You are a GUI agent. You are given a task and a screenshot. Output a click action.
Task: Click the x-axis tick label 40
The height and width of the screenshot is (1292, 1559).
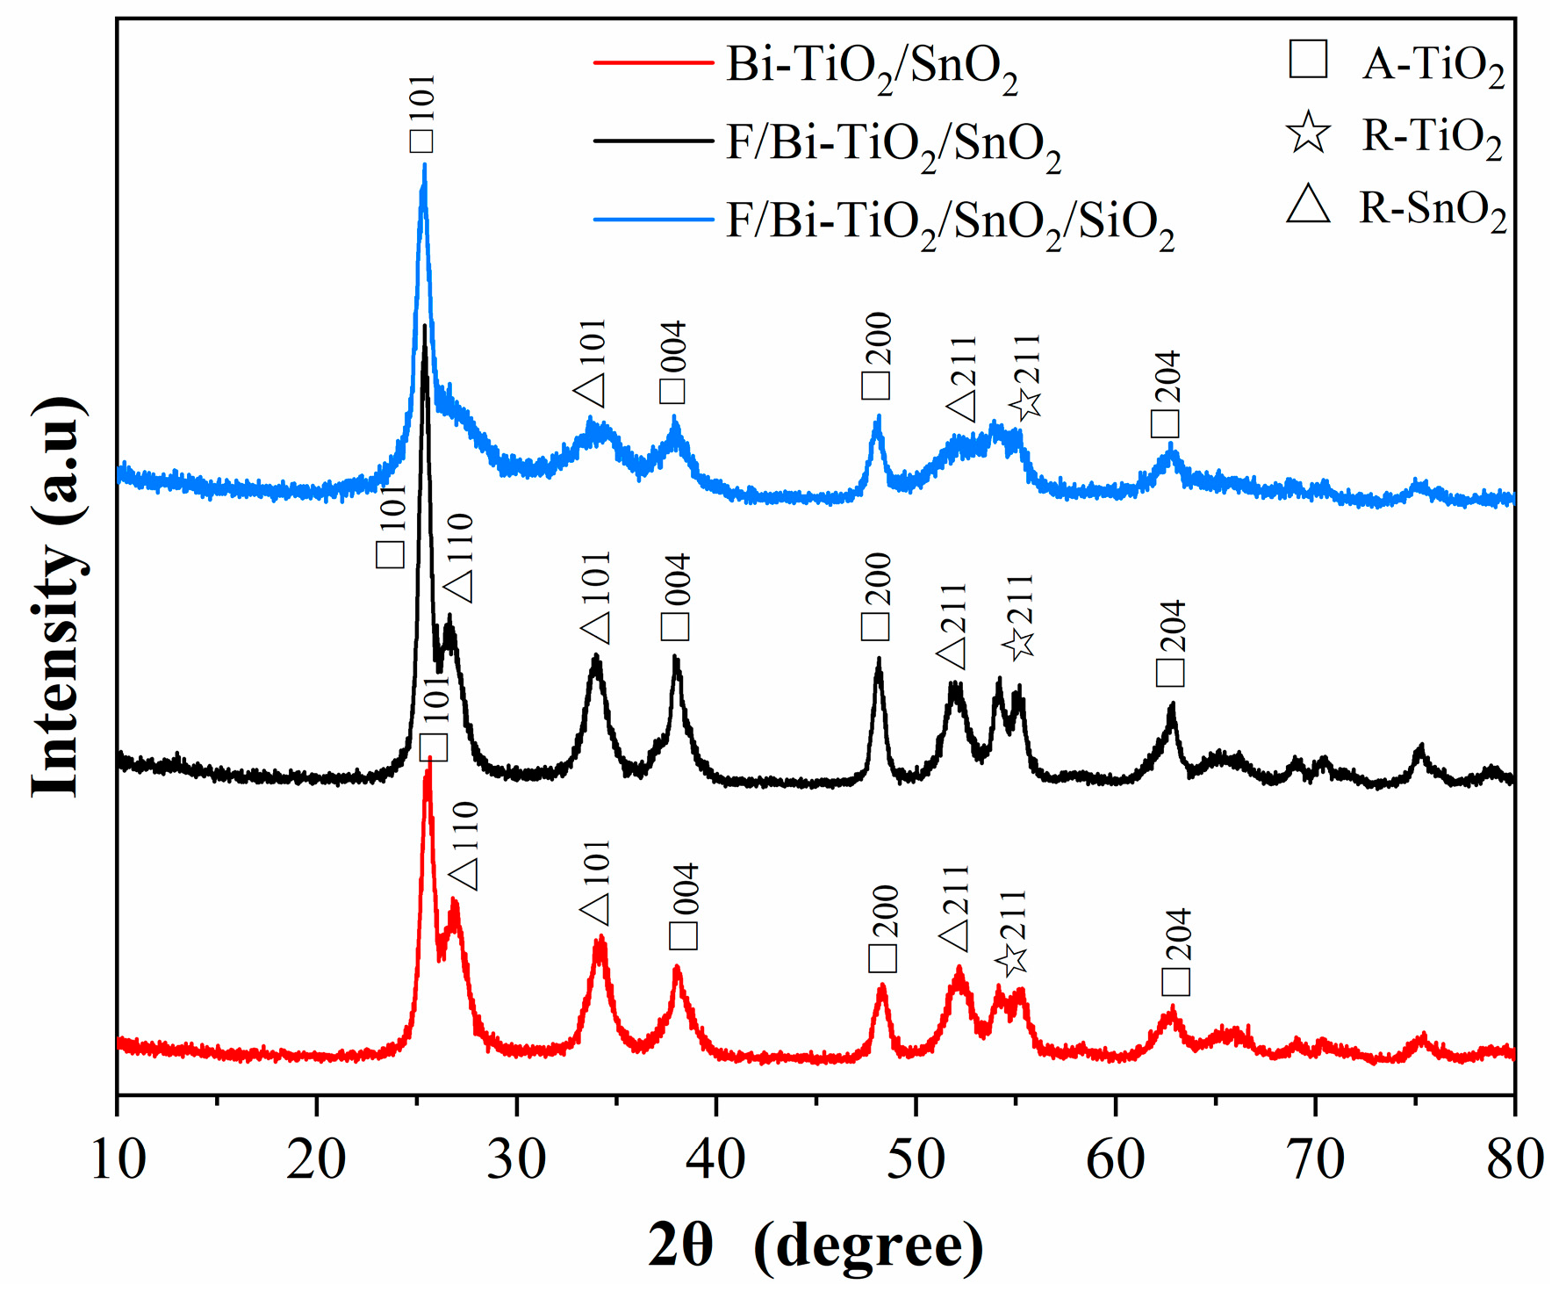coord(716,1159)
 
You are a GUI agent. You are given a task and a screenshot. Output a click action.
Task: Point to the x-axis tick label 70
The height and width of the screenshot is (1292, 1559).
coord(1316,1159)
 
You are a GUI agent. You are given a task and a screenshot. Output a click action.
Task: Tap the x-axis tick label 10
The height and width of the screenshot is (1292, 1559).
coord(118,1159)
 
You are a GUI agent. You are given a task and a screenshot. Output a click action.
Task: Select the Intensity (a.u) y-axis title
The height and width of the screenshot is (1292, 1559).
coord(58,597)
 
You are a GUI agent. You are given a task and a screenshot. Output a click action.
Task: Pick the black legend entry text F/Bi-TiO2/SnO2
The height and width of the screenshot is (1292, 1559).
coord(893,142)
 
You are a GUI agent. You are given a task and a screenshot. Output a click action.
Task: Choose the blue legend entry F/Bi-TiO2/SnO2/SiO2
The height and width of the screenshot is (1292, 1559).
coord(949,220)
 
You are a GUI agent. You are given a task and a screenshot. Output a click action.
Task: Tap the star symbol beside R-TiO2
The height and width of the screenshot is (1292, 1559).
coord(1308,134)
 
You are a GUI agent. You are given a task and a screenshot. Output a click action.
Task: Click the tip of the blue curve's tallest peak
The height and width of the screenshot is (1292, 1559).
coord(424,165)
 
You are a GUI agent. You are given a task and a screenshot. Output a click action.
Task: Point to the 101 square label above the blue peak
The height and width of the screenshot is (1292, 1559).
coord(422,114)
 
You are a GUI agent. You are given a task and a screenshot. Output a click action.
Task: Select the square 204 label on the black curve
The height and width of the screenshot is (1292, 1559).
coord(1171,642)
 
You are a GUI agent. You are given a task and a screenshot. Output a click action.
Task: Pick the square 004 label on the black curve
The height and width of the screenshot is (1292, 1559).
coord(676,597)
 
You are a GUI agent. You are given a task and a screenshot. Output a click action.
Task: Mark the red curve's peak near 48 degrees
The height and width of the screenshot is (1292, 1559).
coord(882,987)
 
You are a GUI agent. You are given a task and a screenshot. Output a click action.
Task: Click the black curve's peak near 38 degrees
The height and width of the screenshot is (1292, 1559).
coord(676,658)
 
